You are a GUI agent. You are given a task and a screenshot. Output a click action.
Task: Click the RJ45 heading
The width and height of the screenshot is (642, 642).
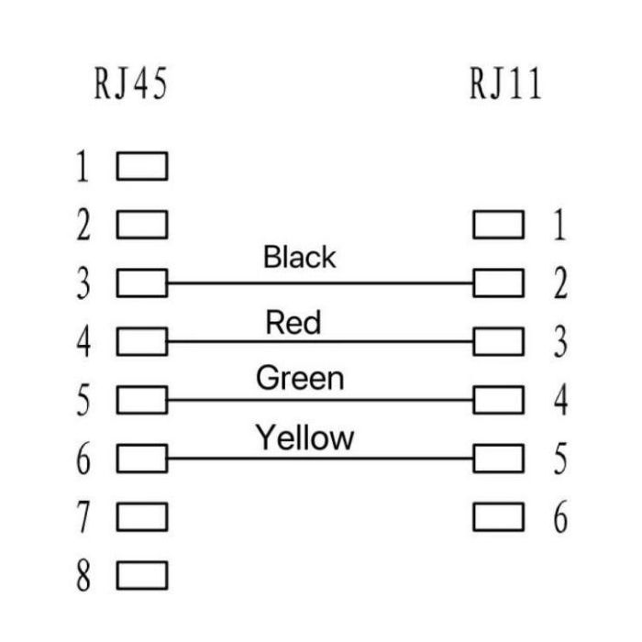click(x=130, y=83)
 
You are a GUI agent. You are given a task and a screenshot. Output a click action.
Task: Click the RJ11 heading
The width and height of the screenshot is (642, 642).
click(x=505, y=83)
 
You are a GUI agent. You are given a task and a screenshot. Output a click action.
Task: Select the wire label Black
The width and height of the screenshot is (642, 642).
click(x=299, y=257)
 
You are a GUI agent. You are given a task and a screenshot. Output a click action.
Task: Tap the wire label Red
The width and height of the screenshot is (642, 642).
click(x=293, y=322)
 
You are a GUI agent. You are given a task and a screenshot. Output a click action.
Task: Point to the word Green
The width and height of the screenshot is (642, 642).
click(x=300, y=378)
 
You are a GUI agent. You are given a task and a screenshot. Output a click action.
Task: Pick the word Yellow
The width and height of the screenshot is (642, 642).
click(x=304, y=437)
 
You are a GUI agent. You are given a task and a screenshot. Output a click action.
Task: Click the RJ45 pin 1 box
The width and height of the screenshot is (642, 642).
click(x=142, y=166)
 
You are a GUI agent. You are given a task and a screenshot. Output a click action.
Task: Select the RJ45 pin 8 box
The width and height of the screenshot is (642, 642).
click(x=142, y=575)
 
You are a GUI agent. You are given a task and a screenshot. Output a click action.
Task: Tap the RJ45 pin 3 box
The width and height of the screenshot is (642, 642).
click(x=142, y=282)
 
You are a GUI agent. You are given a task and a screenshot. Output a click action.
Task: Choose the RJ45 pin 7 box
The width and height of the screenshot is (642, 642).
click(x=142, y=516)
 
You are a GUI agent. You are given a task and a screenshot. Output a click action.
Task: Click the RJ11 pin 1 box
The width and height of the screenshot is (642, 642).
click(x=498, y=225)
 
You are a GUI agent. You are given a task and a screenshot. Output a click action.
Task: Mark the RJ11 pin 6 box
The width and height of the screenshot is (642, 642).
click(x=498, y=516)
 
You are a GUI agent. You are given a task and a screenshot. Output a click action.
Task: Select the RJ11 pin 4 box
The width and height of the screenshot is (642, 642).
click(x=498, y=400)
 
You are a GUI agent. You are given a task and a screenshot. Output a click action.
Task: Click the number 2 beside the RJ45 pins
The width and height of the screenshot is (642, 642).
click(x=84, y=225)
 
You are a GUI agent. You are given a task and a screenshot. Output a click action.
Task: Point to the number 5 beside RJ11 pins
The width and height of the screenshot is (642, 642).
click(x=560, y=459)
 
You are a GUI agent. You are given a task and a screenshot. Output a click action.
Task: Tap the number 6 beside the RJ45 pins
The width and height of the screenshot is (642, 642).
click(x=83, y=459)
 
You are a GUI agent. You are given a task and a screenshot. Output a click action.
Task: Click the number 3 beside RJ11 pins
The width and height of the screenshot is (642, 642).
click(x=560, y=341)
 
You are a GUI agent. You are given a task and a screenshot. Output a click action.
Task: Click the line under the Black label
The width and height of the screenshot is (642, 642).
click(x=320, y=282)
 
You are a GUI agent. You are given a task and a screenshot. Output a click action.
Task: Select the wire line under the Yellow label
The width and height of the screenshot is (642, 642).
click(x=320, y=459)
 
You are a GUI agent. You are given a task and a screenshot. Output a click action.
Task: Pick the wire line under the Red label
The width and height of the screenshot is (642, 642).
click(x=320, y=341)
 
